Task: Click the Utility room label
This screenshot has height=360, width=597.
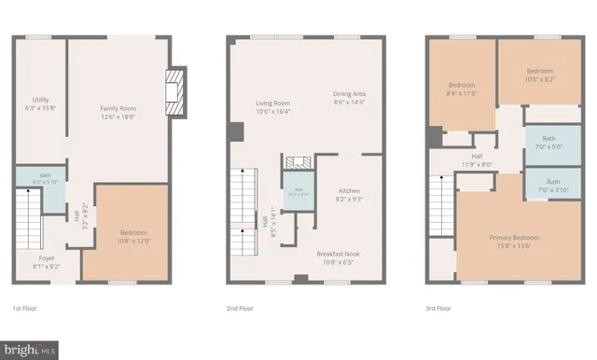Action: click(x=40, y=104)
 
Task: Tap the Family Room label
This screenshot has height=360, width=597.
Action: click(x=118, y=113)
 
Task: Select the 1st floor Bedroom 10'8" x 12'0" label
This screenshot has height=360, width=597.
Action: click(x=133, y=236)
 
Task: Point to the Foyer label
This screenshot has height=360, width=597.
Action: click(x=46, y=261)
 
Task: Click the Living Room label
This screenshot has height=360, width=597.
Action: click(x=273, y=106)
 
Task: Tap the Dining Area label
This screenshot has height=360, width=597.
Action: click(x=350, y=98)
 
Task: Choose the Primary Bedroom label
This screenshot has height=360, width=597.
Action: click(x=514, y=242)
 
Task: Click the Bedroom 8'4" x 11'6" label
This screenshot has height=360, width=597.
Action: click(x=462, y=90)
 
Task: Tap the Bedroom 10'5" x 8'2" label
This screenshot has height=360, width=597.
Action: click(x=539, y=76)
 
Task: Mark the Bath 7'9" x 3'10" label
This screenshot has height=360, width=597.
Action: click(x=553, y=186)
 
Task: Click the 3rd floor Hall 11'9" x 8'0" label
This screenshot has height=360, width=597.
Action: click(x=477, y=160)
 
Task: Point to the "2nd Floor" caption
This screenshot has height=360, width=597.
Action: click(x=240, y=308)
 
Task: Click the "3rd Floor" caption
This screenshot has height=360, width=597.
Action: click(x=438, y=308)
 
